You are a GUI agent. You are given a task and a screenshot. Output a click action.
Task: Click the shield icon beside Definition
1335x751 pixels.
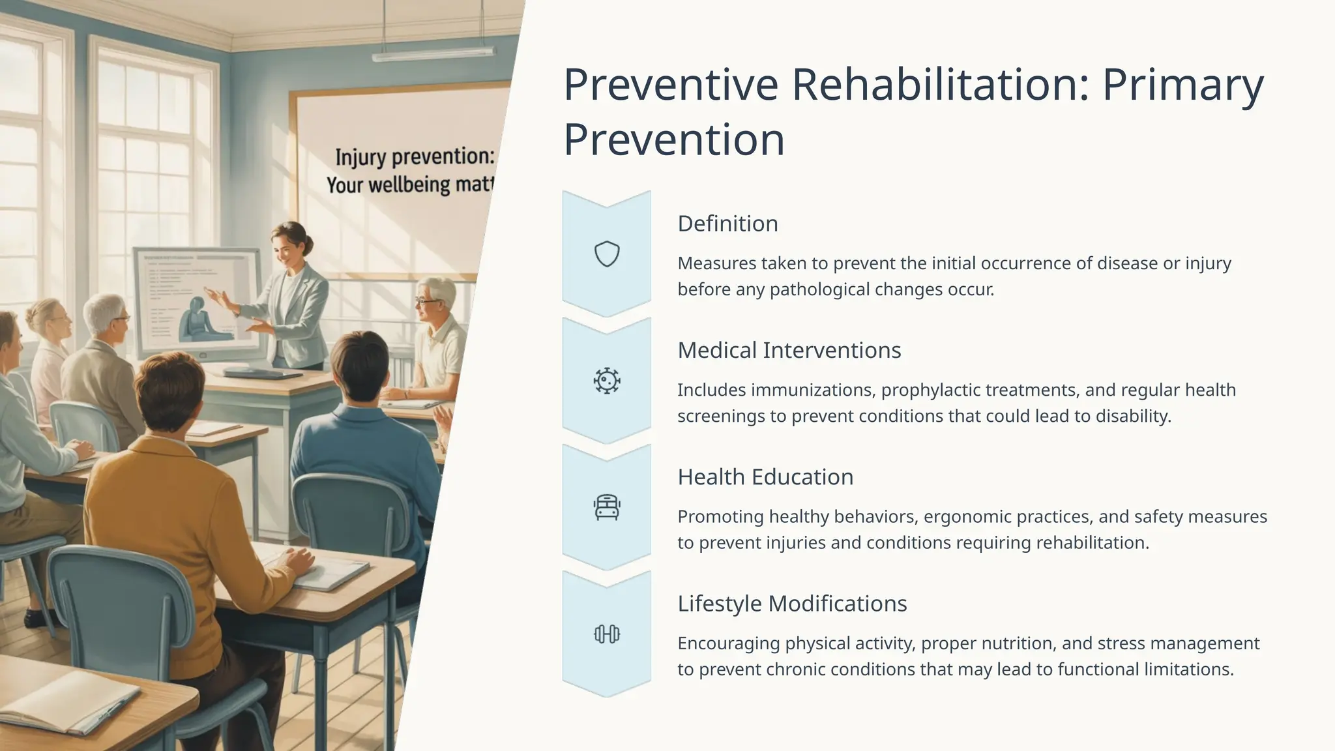coord(606,254)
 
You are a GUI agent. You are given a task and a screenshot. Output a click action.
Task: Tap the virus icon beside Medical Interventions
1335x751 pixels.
coord(606,381)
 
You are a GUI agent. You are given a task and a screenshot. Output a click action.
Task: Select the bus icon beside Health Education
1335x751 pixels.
coord(606,507)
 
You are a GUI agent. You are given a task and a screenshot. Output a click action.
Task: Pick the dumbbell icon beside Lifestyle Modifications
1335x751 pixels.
coord(606,634)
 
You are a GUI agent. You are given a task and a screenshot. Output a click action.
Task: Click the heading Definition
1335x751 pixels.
coord(727,224)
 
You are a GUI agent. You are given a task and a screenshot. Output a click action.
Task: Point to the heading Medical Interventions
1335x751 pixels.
coord(789,350)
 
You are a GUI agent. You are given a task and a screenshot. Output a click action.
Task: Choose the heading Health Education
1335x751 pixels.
coord(765,477)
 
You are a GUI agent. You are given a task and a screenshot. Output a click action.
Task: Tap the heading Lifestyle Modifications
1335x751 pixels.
coord(792,604)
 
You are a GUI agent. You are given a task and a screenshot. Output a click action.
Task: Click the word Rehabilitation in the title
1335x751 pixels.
coord(939,84)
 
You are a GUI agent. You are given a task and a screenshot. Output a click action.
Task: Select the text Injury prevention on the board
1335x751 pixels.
coord(415,157)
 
